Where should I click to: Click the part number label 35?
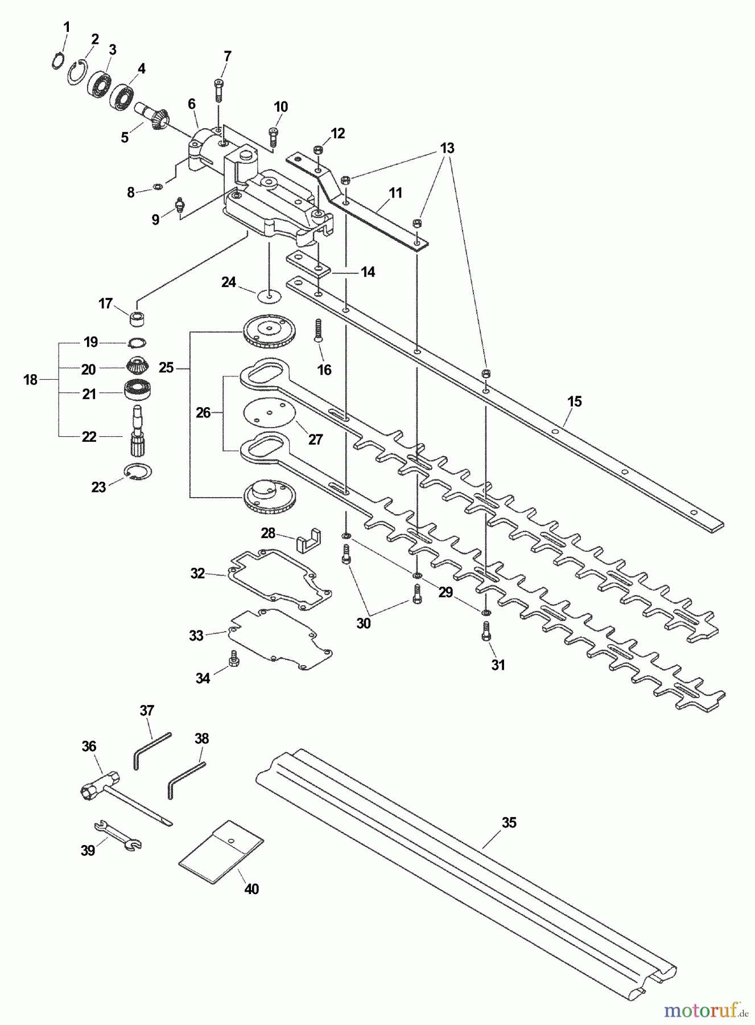click(509, 822)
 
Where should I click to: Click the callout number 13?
click(447, 148)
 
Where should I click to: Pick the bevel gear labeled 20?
click(136, 364)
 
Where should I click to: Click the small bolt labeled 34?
click(232, 658)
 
